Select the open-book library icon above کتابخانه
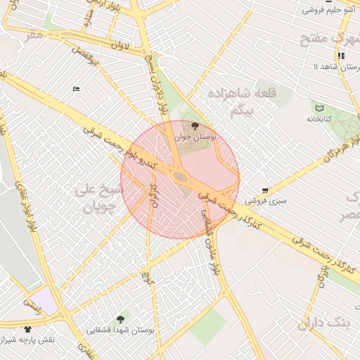tap(320, 109)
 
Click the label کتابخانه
tap(320, 120)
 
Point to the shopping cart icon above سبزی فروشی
tap(265, 190)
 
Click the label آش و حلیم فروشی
tap(327, 10)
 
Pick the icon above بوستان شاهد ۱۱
tap(341, 56)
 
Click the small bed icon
tap(77, 89)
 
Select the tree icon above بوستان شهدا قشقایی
tap(124, 319)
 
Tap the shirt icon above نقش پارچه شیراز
tap(28, 328)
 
